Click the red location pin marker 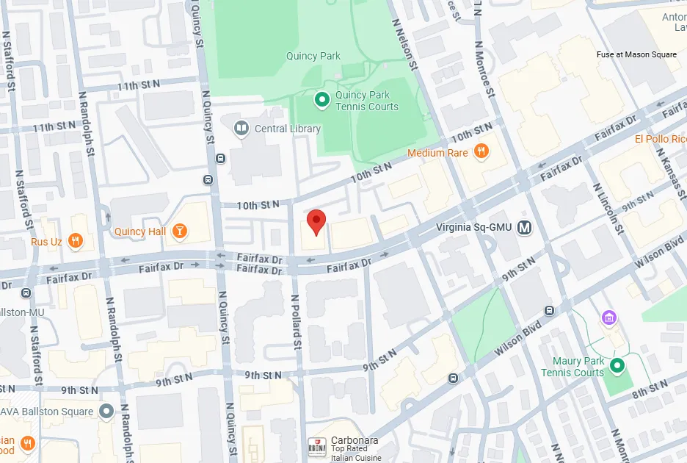click(316, 221)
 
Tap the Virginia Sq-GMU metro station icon click(524, 227)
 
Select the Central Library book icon click(240, 129)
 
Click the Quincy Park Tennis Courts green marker click(321, 100)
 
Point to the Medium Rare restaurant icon click(481, 152)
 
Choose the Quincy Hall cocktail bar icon click(179, 232)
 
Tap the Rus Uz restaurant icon click(74, 240)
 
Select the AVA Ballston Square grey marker click(107, 412)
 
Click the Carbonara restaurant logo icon click(314, 445)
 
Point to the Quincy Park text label click(313, 56)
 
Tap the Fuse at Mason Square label click(636, 55)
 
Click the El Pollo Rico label click(661, 139)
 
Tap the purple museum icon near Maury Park click(608, 317)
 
